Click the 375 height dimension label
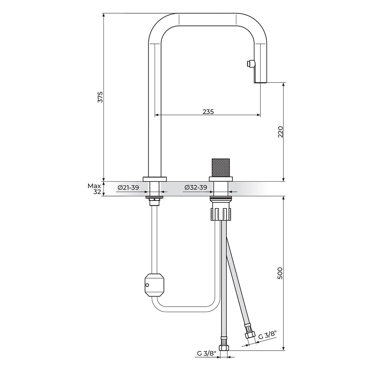tap(101, 97)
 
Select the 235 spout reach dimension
tap(208, 112)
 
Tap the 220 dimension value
tap(280, 131)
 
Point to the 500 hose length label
tap(280, 273)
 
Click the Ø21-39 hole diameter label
tap(128, 188)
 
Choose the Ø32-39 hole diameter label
tap(196, 188)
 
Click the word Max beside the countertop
tap(94, 186)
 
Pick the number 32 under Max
tap(97, 192)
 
